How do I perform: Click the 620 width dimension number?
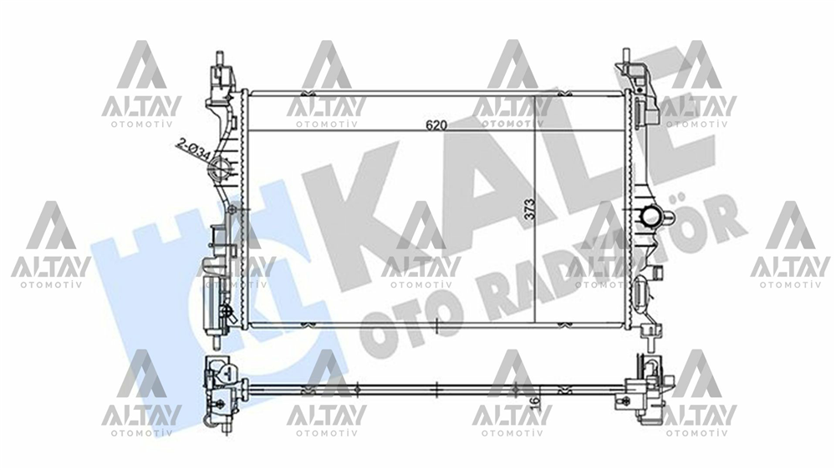[x=436, y=125]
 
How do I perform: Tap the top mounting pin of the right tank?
[x=625, y=58]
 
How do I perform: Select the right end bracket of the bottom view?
[x=648, y=389]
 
